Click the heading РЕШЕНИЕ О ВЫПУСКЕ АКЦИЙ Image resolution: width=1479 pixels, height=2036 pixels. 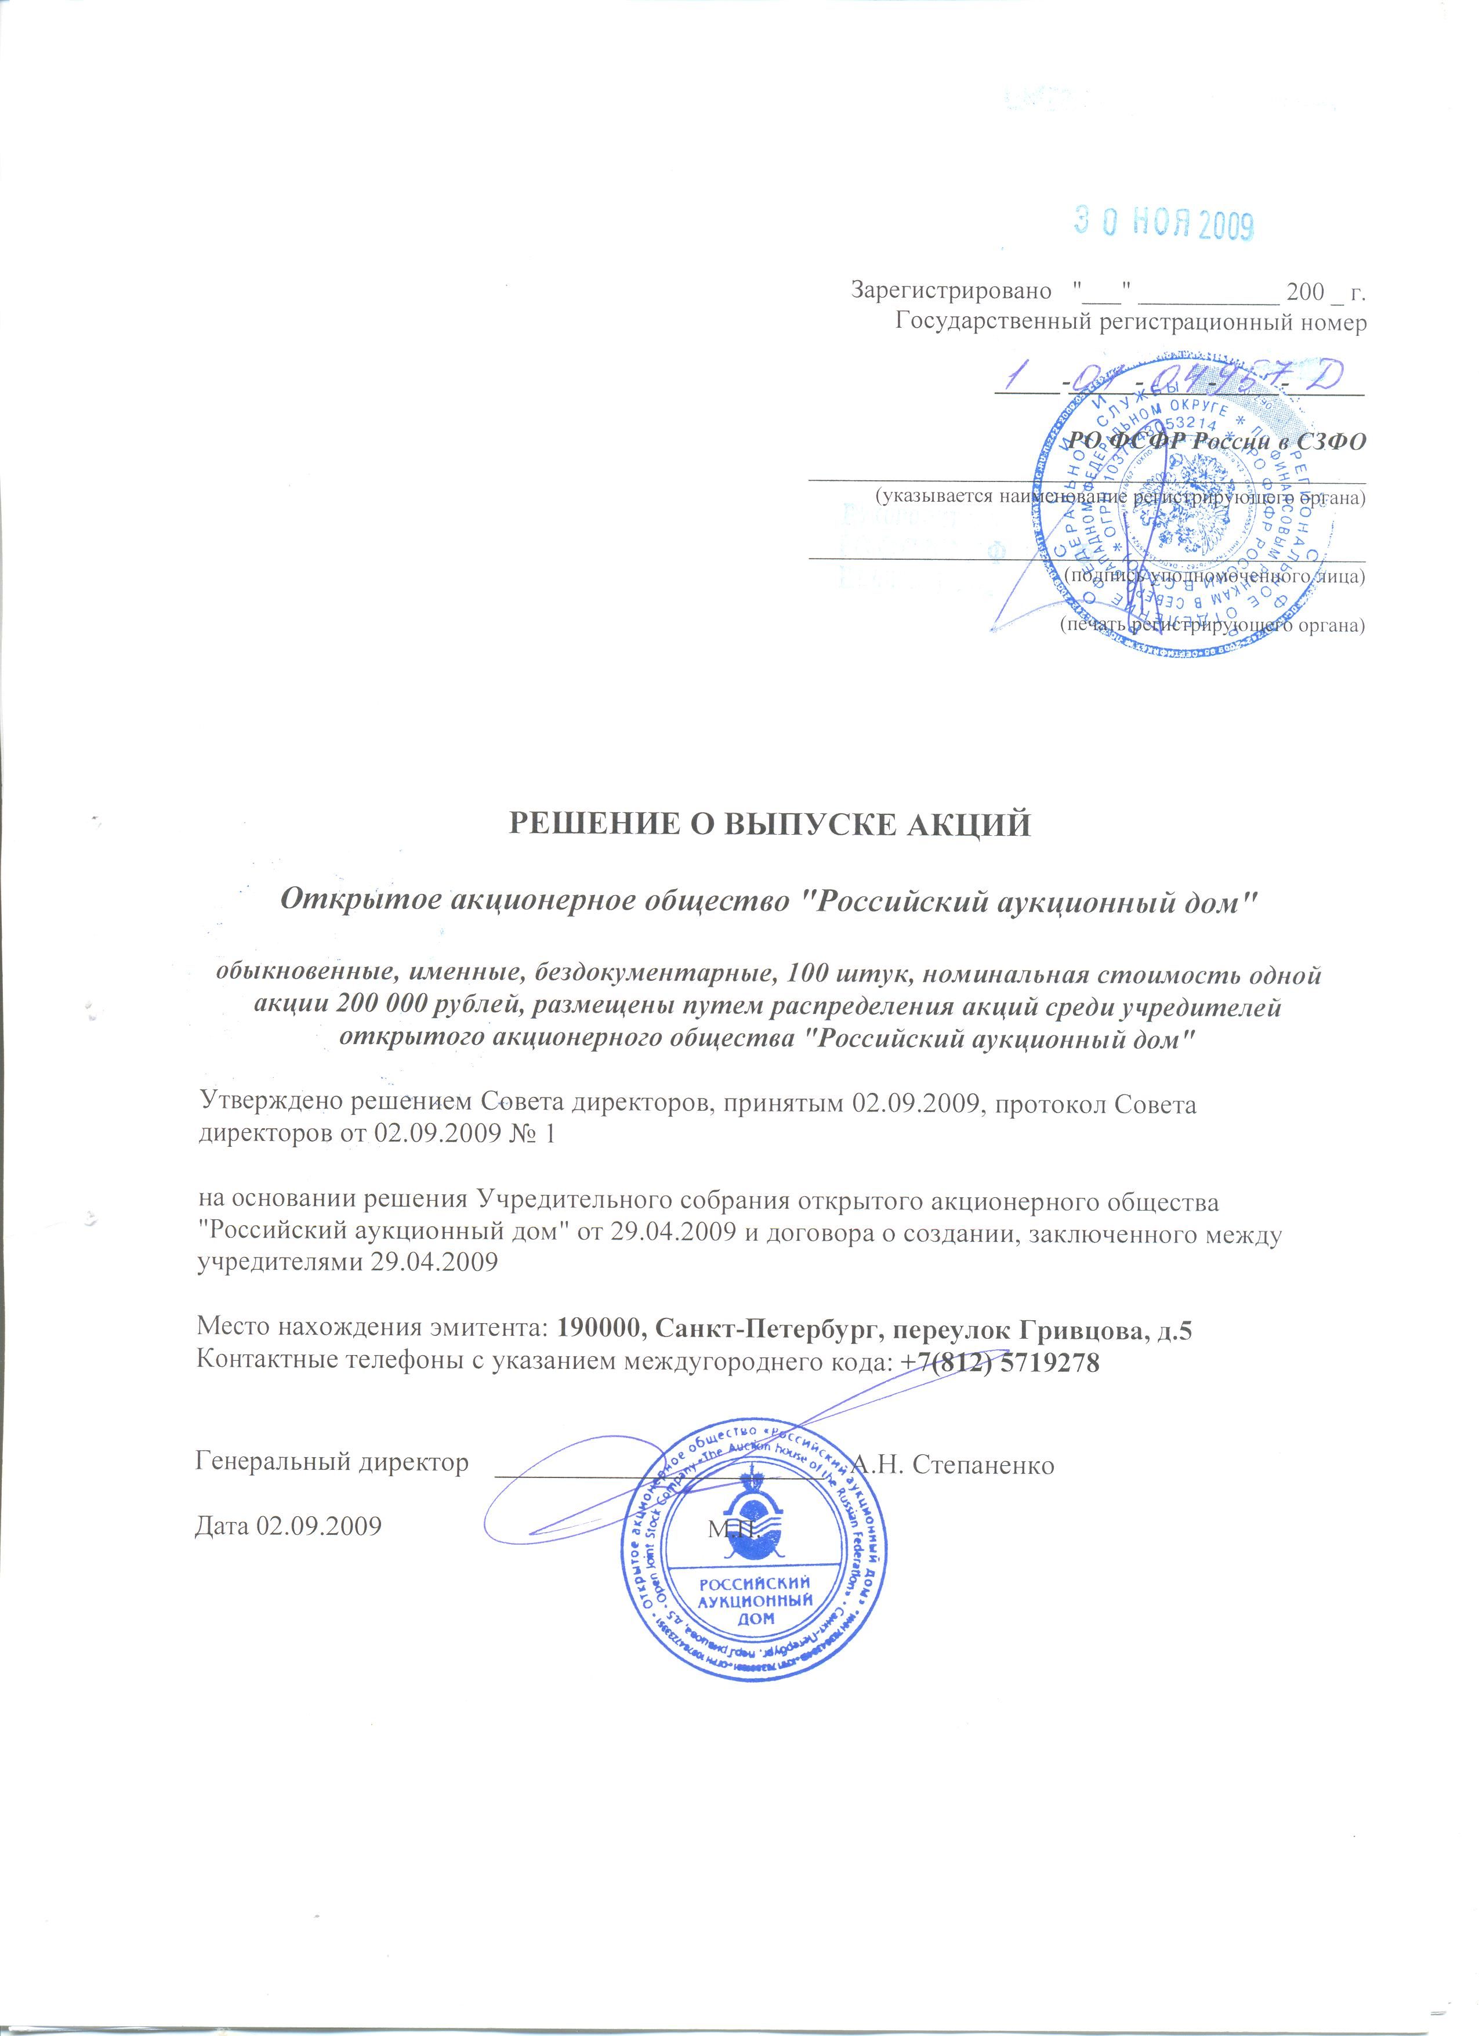(771, 823)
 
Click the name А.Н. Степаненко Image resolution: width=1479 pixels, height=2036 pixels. (952, 1465)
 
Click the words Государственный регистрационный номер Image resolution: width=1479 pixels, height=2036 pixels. (1131, 323)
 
